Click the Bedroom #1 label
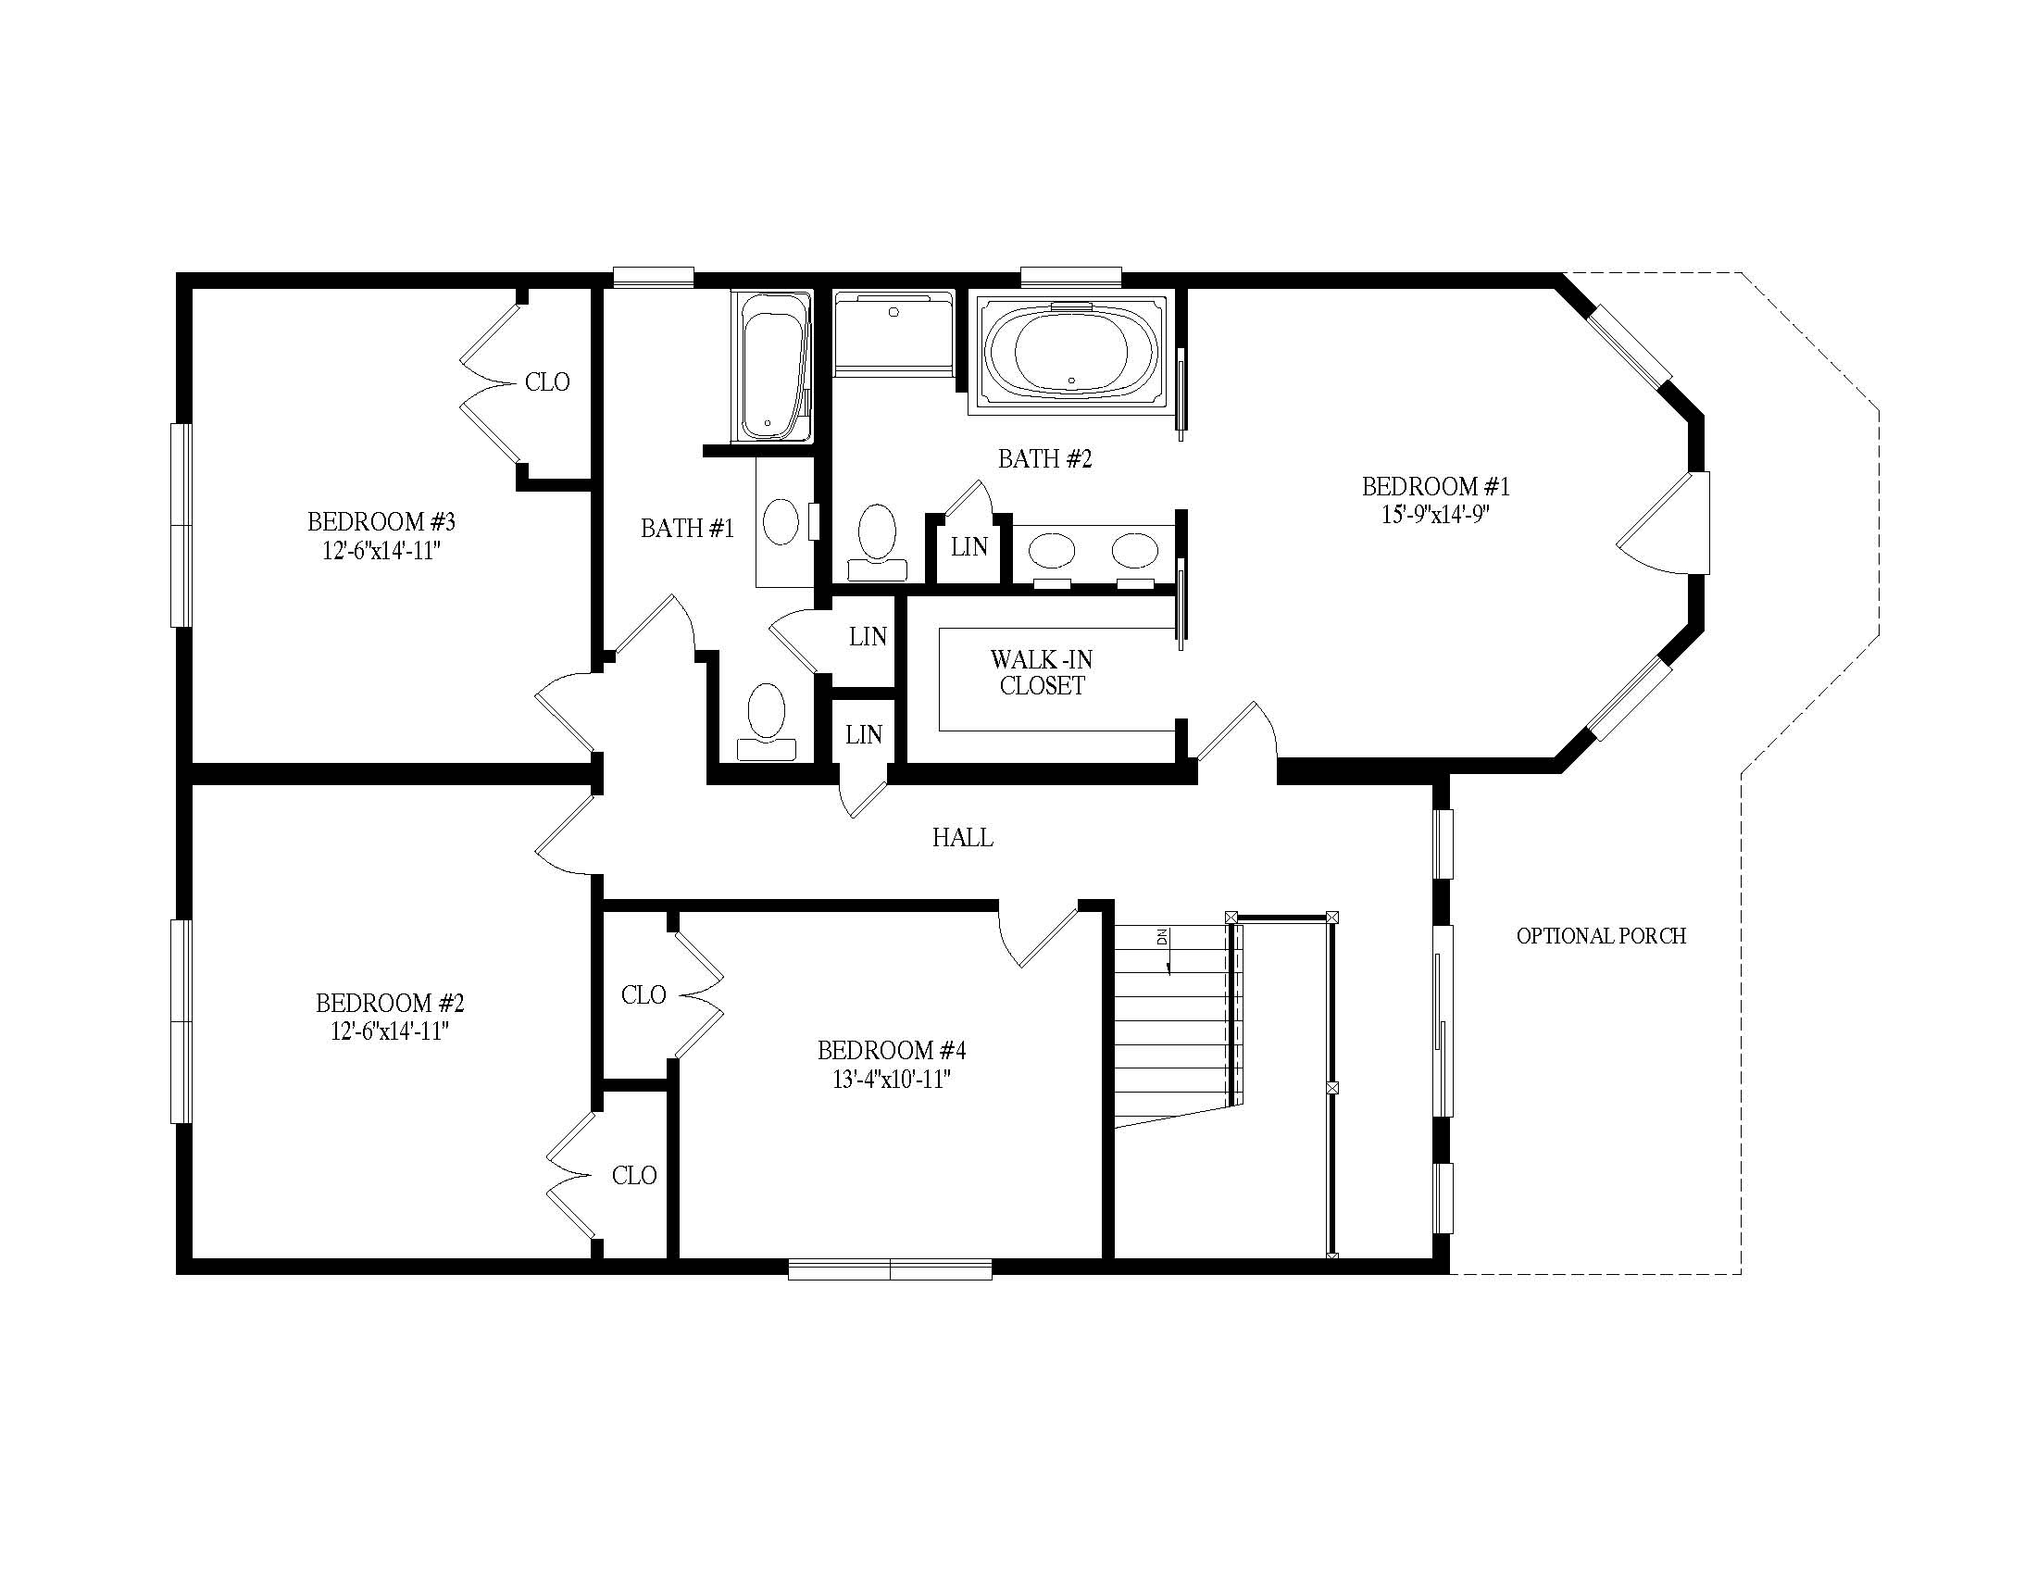pyautogui.click(x=1434, y=487)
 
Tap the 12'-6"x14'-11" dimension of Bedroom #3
pyautogui.click(x=381, y=551)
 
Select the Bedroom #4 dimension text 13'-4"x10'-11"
pyautogui.click(x=891, y=1080)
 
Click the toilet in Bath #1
pyautogui.click(x=767, y=723)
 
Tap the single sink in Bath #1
pyautogui.click(x=781, y=522)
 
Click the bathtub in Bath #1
pyautogui.click(x=771, y=366)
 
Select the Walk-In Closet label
pyautogui.click(x=1042, y=672)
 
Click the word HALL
pyautogui.click(x=963, y=837)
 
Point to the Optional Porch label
pyautogui.click(x=1602, y=936)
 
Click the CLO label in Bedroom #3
pyautogui.click(x=547, y=382)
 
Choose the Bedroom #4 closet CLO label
pyautogui.click(x=644, y=995)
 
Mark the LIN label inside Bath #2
pyautogui.click(x=969, y=547)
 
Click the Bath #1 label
pyautogui.click(x=687, y=529)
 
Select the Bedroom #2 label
pyautogui.click(x=390, y=1004)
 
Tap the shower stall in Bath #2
pyautogui.click(x=894, y=335)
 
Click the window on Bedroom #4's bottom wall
pyautogui.click(x=890, y=1268)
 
